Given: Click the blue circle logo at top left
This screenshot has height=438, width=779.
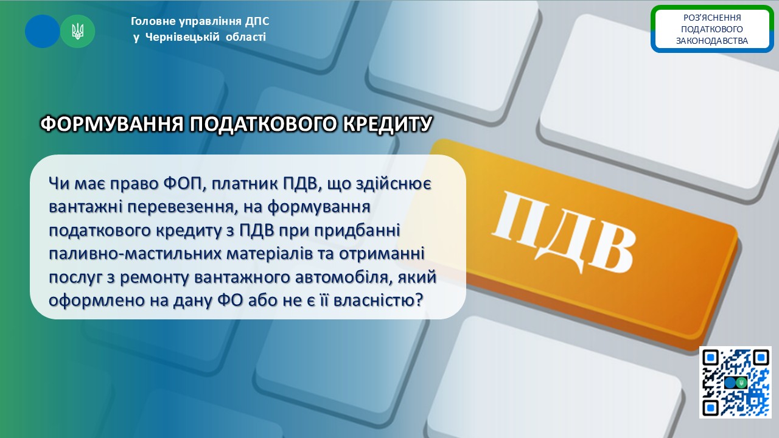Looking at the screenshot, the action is tap(43, 31).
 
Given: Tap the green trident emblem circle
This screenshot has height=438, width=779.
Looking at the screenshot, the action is tap(77, 31).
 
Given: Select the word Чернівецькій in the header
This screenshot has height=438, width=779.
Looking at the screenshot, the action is tap(182, 37).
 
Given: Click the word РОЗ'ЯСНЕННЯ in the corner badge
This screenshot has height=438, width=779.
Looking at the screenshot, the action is tap(712, 18).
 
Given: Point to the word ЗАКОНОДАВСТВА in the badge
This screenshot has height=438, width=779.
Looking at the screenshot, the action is tap(712, 41).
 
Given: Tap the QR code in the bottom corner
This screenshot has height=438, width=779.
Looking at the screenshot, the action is tap(735, 382).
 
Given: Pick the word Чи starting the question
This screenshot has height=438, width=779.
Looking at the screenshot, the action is tap(59, 184).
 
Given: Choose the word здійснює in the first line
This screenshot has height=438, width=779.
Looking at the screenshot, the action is tap(393, 184).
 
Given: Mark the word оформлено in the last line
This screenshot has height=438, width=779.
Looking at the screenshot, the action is tap(96, 301).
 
